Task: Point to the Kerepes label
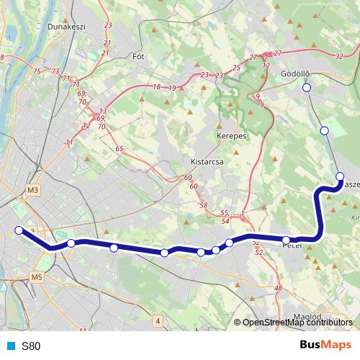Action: click(x=232, y=135)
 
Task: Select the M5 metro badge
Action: click(x=37, y=276)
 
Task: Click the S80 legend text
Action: click(x=32, y=346)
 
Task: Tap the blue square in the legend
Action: click(x=11, y=346)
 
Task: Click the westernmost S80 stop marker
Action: click(x=19, y=230)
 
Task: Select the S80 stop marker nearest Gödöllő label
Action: click(x=306, y=88)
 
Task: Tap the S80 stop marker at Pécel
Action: click(x=286, y=240)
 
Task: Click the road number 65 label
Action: click(x=118, y=148)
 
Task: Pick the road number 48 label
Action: click(x=279, y=289)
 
